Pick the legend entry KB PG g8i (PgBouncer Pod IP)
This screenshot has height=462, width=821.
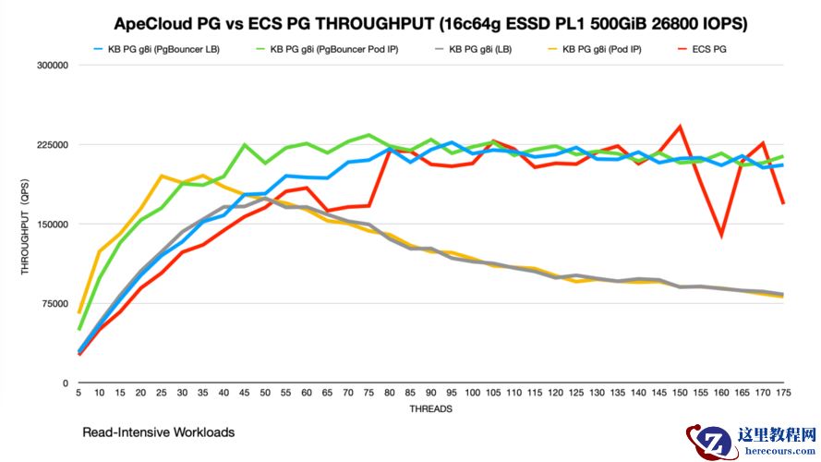point(333,48)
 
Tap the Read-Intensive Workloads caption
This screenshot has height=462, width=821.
point(158,432)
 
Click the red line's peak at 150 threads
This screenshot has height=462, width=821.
point(681,126)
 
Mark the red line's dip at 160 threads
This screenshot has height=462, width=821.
point(721,237)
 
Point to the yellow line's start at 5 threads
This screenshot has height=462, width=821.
point(79,312)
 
